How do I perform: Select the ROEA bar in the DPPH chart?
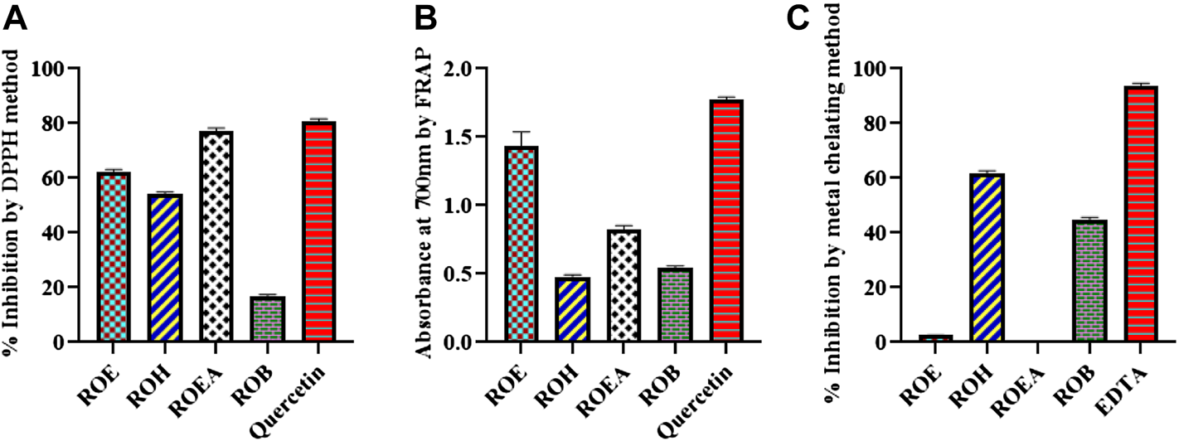pos(216,236)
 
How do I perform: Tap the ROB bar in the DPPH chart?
pos(267,319)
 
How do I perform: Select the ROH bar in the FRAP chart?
pos(572,310)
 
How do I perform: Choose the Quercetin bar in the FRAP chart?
pos(725,220)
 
